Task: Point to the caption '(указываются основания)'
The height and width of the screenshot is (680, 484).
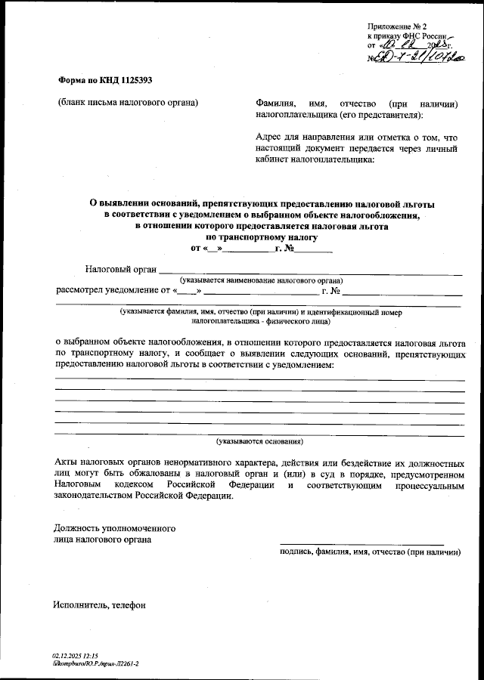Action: pos(259,440)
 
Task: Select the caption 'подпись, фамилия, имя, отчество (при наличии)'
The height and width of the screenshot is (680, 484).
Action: pos(370,552)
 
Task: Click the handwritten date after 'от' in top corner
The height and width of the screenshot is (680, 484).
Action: pos(409,45)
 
